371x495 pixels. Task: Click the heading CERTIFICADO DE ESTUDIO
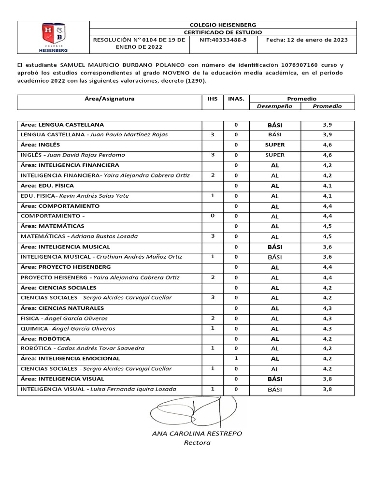pyautogui.click(x=223, y=32)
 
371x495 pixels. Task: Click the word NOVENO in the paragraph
pyautogui.click(x=185, y=72)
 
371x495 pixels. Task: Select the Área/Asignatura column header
pyautogui.click(x=109, y=99)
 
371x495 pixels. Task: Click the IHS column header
pyautogui.click(x=212, y=99)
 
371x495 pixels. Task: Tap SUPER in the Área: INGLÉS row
pyautogui.click(x=275, y=145)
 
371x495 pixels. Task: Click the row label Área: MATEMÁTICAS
pyautogui.click(x=53, y=226)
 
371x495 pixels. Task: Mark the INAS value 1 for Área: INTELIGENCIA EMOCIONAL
pyautogui.click(x=236, y=359)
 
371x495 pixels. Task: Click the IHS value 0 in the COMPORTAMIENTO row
pyautogui.click(x=212, y=216)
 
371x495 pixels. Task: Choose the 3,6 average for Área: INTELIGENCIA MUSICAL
pyautogui.click(x=327, y=247)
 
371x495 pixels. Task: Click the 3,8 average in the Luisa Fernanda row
pyautogui.click(x=327, y=389)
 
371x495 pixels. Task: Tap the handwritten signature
pyautogui.click(x=193, y=411)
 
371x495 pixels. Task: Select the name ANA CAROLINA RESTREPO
pyautogui.click(x=197, y=433)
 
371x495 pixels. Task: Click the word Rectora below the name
pyautogui.click(x=195, y=442)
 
